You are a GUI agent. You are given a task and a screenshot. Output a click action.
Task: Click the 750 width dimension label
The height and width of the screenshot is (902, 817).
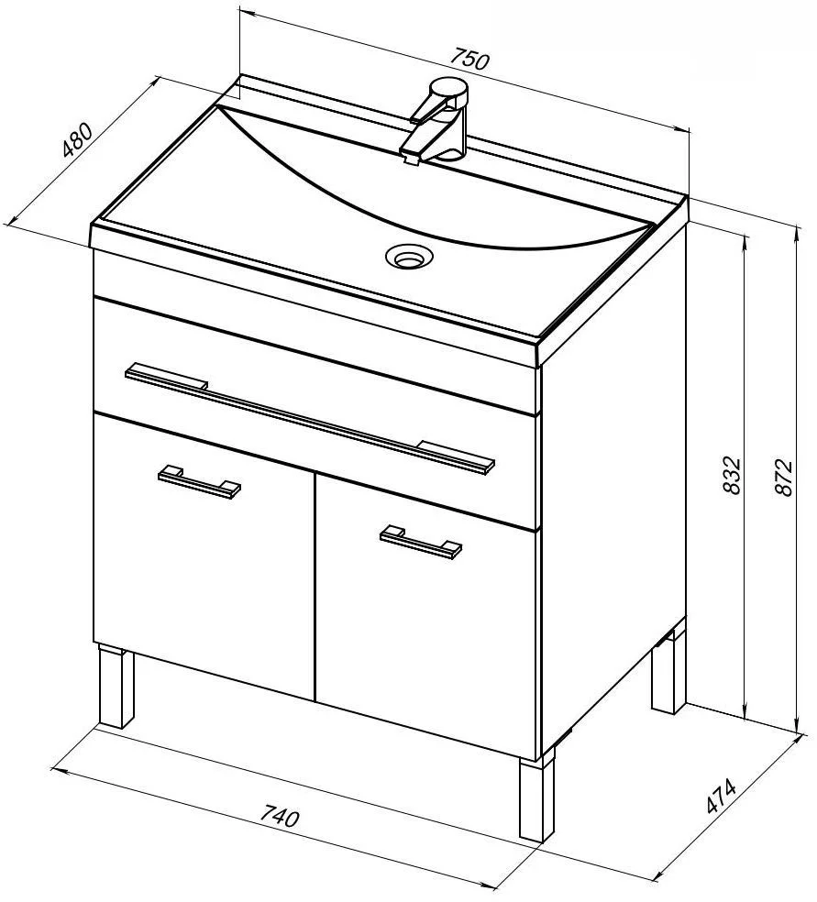[x=469, y=60]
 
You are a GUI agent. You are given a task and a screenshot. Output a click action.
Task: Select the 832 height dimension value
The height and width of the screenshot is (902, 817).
[x=732, y=476]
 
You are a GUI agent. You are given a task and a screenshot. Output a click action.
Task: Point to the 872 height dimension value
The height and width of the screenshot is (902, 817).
[x=784, y=477]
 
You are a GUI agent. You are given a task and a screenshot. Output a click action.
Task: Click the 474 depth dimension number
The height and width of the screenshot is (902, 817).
[x=721, y=796]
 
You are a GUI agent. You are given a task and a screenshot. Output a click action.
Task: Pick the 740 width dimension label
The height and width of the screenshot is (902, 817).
[x=280, y=816]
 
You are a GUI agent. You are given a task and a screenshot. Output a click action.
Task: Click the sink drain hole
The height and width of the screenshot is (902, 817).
[x=410, y=257]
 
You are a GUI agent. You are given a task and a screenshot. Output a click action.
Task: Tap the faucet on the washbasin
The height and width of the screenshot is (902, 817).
[x=438, y=122]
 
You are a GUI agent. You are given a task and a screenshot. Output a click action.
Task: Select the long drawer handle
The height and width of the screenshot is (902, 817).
[x=310, y=418]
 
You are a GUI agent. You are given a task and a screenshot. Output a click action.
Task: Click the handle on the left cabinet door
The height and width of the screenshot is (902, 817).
[x=199, y=481]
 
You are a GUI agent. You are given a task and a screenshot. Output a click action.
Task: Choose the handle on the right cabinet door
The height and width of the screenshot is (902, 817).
[x=421, y=542]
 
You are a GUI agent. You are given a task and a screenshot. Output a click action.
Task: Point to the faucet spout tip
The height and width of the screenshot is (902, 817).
[x=411, y=157]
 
